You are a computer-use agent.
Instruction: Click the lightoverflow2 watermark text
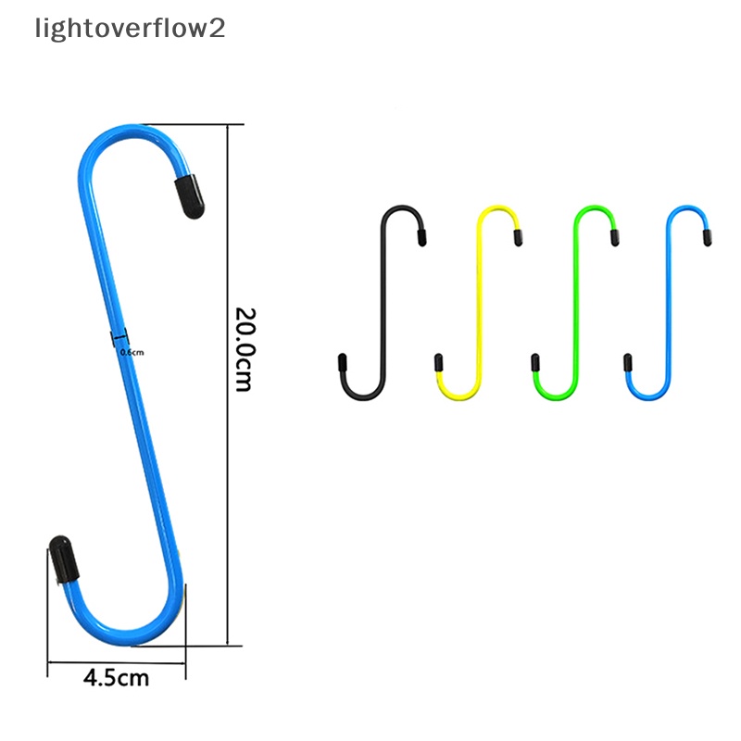click(130, 29)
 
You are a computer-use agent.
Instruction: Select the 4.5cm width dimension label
click(116, 677)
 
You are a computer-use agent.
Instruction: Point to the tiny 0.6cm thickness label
click(132, 352)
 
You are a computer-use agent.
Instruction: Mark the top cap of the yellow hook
click(518, 238)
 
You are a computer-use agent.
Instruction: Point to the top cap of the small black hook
click(421, 238)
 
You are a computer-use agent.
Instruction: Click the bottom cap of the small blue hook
click(629, 362)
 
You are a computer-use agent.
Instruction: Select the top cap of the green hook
click(614, 238)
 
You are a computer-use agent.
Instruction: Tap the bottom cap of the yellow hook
click(440, 362)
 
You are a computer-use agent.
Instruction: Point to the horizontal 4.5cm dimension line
click(117, 661)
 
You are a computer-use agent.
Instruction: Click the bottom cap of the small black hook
click(343, 362)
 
